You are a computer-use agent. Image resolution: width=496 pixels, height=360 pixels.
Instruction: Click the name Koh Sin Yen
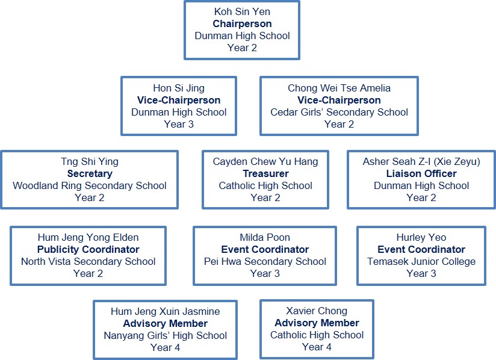pos(242,12)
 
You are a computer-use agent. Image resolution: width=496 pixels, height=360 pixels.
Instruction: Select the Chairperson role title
pos(242,24)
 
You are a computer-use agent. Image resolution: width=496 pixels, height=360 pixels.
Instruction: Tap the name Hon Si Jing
pos(179,88)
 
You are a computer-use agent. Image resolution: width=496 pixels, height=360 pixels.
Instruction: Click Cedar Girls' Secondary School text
pos(339,113)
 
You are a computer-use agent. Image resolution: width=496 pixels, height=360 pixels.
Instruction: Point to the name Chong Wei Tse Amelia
pos(339,88)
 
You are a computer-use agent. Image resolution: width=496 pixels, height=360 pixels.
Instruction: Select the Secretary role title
pos(90,173)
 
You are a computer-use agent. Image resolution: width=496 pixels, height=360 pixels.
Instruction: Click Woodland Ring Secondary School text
pos(90,185)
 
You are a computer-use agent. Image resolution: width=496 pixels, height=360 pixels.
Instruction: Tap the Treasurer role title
pos(265,173)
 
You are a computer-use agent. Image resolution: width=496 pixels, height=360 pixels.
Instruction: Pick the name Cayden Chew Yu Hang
pos(265,161)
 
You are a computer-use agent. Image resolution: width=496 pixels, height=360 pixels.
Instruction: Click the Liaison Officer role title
pos(421,173)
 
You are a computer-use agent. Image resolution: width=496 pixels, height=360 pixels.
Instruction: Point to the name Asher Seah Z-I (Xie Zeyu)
pos(421,161)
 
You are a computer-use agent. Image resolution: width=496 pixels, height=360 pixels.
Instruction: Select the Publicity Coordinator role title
pos(88,249)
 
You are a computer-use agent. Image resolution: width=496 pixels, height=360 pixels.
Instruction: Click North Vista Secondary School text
pos(88,261)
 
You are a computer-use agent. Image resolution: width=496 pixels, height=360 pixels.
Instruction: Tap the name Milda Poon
pos(265,237)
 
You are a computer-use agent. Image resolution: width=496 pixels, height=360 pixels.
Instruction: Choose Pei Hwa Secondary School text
pos(265,261)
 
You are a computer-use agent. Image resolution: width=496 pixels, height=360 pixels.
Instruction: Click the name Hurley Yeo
pos(421,237)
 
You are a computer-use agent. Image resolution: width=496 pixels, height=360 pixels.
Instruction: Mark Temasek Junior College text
pos(421,261)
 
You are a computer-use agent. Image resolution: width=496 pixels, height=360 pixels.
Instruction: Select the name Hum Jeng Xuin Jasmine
pos(165,311)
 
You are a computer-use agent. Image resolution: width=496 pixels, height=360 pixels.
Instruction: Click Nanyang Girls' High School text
pos(165,335)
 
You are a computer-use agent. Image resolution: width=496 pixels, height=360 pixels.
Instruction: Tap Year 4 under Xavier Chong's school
pos(317,347)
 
